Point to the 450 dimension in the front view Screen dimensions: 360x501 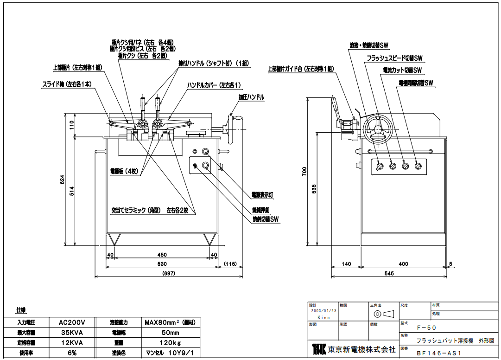point(162,255)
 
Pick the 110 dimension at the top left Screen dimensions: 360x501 point(72,124)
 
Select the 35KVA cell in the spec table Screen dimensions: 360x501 point(71,333)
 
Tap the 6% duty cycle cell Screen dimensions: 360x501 point(71,353)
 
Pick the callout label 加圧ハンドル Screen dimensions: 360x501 point(251,97)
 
